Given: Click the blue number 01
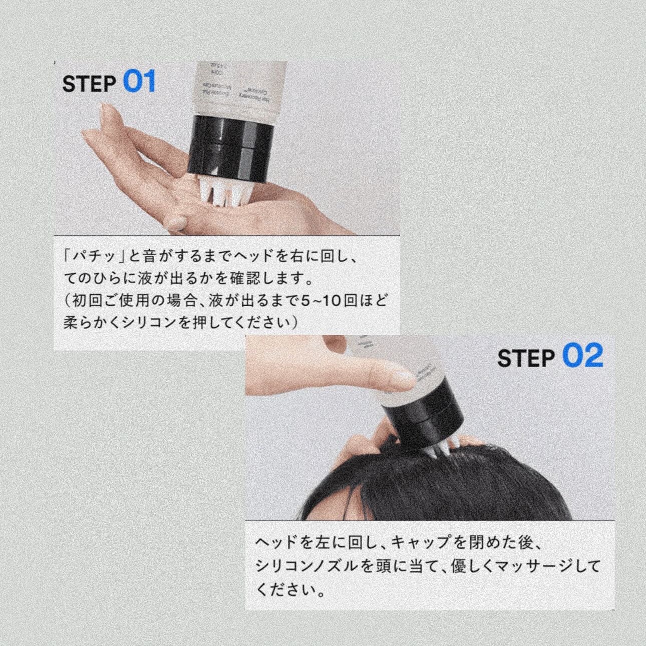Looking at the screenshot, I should click(x=139, y=82).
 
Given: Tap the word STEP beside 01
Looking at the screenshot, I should click(x=89, y=84).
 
